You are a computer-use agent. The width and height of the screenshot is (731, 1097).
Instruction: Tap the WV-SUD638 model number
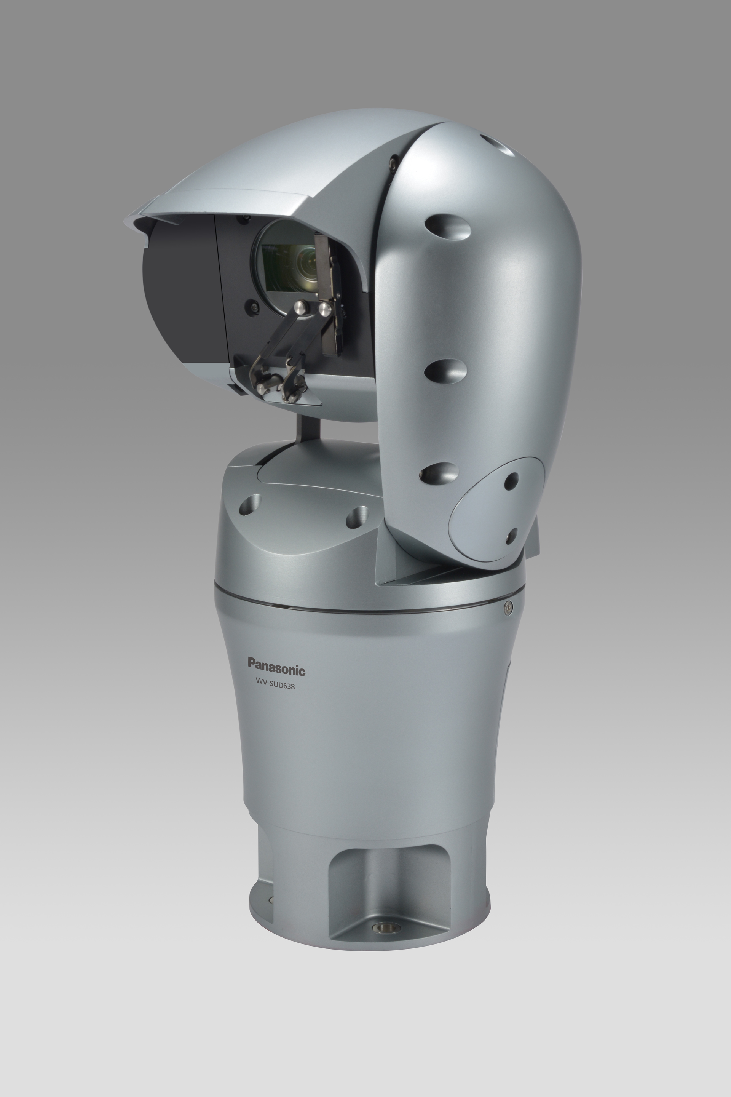(x=275, y=686)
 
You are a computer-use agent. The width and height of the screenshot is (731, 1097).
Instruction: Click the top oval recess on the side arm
(x=448, y=227)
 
